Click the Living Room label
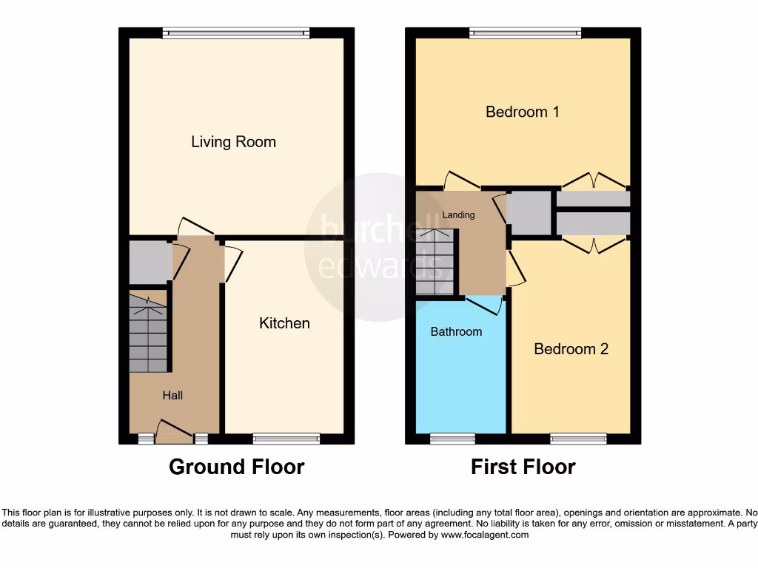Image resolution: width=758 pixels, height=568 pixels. pyautogui.click(x=233, y=142)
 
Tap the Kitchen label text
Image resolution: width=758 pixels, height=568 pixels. pyautogui.click(x=284, y=323)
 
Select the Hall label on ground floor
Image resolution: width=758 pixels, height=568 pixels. pyautogui.click(x=172, y=396)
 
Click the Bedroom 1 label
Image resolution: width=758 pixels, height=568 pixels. pyautogui.click(x=522, y=112)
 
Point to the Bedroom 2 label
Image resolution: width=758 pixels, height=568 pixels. pyautogui.click(x=571, y=348)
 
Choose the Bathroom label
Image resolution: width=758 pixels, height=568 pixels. pyautogui.click(x=456, y=331)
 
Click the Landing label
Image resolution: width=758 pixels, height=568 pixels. pyautogui.click(x=458, y=214)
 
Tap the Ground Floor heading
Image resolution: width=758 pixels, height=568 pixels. pyautogui.click(x=236, y=467)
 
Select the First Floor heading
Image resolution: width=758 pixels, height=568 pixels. pyautogui.click(x=523, y=467)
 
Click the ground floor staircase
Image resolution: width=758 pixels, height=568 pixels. pyautogui.click(x=148, y=333)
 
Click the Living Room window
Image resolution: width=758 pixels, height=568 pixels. pyautogui.click(x=236, y=33)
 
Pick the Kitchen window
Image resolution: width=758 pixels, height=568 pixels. pyautogui.click(x=286, y=439)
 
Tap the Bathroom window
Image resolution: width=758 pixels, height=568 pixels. pyautogui.click(x=452, y=439)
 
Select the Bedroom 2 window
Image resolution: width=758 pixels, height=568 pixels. pyautogui.click(x=578, y=439)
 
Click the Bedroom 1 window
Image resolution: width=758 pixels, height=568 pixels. pyautogui.click(x=525, y=33)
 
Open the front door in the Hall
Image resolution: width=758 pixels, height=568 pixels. pyautogui.click(x=175, y=433)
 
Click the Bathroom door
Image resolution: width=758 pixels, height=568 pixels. pyautogui.click(x=485, y=302)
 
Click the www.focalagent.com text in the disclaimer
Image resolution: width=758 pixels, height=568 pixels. pyautogui.click(x=484, y=535)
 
